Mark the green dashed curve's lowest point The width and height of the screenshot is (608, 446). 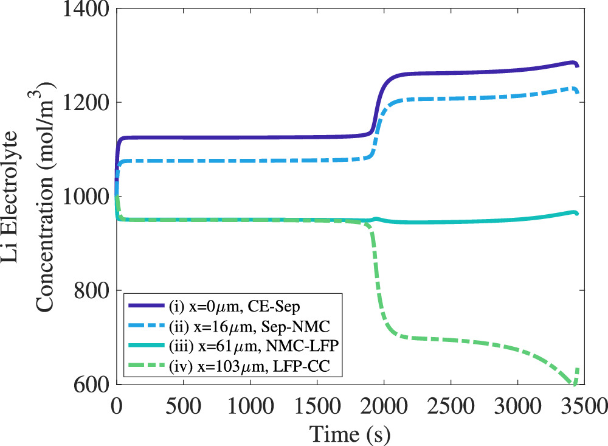[x=573, y=384]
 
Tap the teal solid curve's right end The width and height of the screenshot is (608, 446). [x=577, y=214]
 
